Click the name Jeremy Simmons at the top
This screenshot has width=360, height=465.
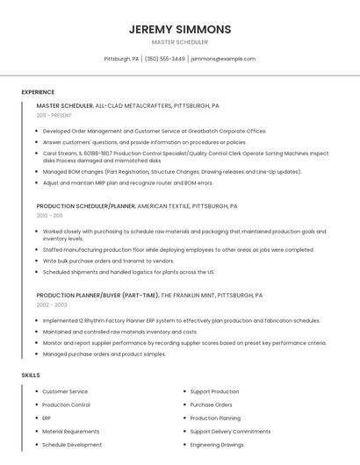point(180,29)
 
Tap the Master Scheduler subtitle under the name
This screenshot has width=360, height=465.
point(180,42)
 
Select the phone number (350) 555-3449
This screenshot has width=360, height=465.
point(164,59)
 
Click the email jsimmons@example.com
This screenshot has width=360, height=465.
point(223,59)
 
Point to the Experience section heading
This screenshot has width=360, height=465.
point(38,92)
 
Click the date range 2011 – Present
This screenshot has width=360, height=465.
point(54,115)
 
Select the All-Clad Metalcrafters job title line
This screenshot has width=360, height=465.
point(127,105)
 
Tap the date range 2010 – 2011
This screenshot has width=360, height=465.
point(49,215)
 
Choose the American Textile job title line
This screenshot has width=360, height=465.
point(137,206)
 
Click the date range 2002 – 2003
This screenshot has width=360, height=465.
point(51,304)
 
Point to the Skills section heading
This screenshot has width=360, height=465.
point(31,376)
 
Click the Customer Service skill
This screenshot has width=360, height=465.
point(65,391)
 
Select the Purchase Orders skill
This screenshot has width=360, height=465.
point(211,404)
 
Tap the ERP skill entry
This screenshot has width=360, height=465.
point(47,418)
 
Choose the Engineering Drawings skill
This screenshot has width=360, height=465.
point(217,445)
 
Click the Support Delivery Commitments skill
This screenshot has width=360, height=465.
point(230,432)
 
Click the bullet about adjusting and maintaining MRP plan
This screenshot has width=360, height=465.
point(127,183)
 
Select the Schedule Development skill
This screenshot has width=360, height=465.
point(72,445)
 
